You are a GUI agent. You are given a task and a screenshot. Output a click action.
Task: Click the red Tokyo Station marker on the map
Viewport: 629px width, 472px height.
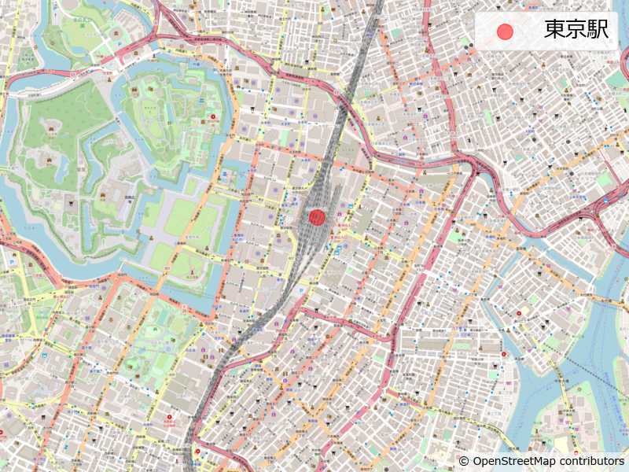(x=317, y=217)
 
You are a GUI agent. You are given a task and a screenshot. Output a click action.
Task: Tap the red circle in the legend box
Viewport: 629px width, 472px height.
(x=506, y=31)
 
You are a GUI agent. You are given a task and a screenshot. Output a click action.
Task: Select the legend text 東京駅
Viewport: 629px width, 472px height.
(x=576, y=31)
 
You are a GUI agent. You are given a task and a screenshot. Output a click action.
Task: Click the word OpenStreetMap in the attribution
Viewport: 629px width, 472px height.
(x=516, y=461)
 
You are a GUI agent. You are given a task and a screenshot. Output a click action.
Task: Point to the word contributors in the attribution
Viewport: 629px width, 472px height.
(x=593, y=461)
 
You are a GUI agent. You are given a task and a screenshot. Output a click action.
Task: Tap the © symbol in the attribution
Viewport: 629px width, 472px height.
(x=464, y=461)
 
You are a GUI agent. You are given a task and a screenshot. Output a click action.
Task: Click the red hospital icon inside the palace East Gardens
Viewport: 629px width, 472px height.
(x=212, y=117)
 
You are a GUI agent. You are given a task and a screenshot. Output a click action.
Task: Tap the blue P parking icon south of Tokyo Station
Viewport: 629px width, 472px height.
(x=338, y=248)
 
